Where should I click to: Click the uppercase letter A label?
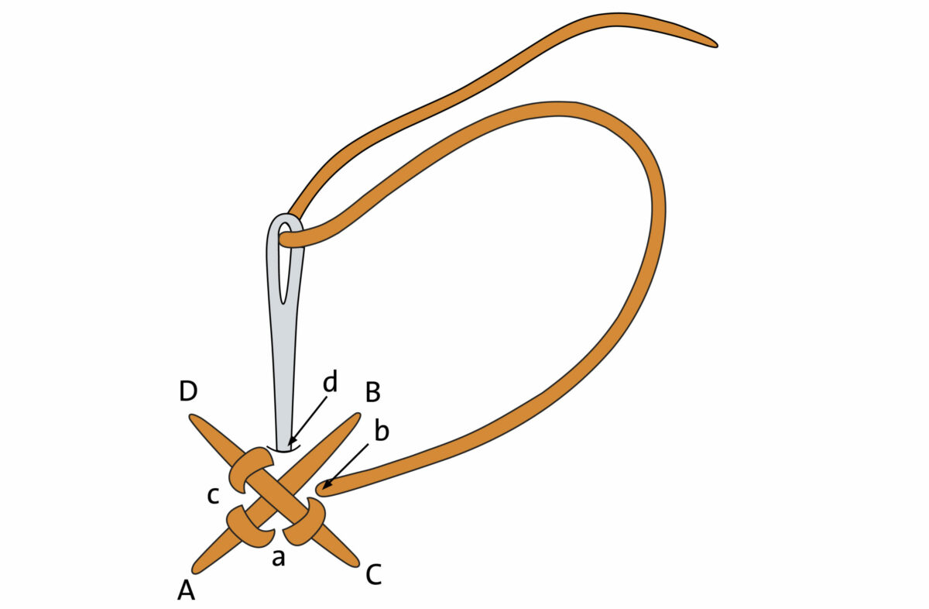click(186, 591)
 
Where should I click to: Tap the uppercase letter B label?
click(372, 393)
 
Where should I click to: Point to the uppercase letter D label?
click(188, 392)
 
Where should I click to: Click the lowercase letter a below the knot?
click(279, 557)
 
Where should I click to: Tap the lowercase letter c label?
click(213, 495)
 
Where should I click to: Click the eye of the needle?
click(286, 263)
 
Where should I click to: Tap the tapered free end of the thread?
click(708, 42)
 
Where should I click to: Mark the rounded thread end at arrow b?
click(322, 488)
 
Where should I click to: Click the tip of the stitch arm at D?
click(194, 420)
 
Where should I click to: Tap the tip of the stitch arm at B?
click(355, 417)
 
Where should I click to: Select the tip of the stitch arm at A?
click(196, 570)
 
